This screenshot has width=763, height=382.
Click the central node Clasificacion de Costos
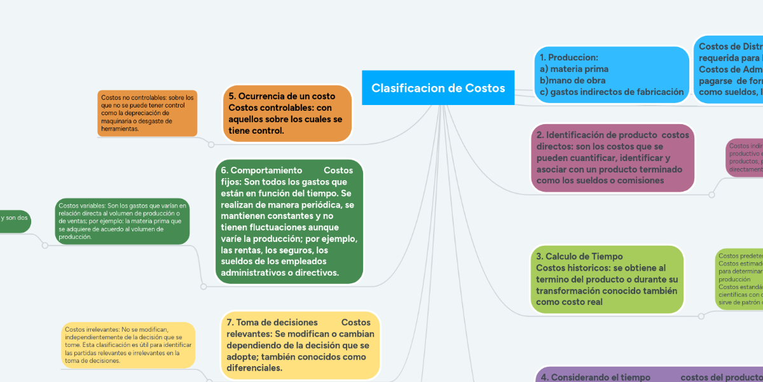pyautogui.click(x=438, y=88)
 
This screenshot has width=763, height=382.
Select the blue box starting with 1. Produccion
pyautogui.click(x=610, y=74)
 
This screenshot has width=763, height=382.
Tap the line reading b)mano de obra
pyautogui.click(x=572, y=80)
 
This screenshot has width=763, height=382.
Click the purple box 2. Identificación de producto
pyautogui.click(x=612, y=157)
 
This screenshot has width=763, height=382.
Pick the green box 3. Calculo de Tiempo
pyautogui.click(x=607, y=279)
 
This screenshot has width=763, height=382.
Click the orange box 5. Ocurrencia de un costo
pyautogui.click(x=287, y=113)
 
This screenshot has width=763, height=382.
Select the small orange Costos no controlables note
pyautogui.click(x=147, y=113)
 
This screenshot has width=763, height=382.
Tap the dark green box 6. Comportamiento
pyautogui.click(x=288, y=221)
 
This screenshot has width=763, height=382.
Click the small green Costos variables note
pyautogui.click(x=122, y=221)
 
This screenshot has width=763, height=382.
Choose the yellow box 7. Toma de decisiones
pyautogui.click(x=299, y=345)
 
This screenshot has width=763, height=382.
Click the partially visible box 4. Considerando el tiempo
pyautogui.click(x=649, y=376)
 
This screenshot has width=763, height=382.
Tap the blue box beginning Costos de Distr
pyautogui.click(x=728, y=69)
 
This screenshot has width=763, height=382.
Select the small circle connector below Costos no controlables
pyautogui.click(x=211, y=145)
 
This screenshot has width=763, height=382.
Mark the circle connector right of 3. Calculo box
pyautogui.click(x=701, y=315)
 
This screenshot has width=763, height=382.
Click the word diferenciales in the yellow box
pyautogui.click(x=254, y=368)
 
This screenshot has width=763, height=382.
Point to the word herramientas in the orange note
pyautogui.click(x=120, y=129)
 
